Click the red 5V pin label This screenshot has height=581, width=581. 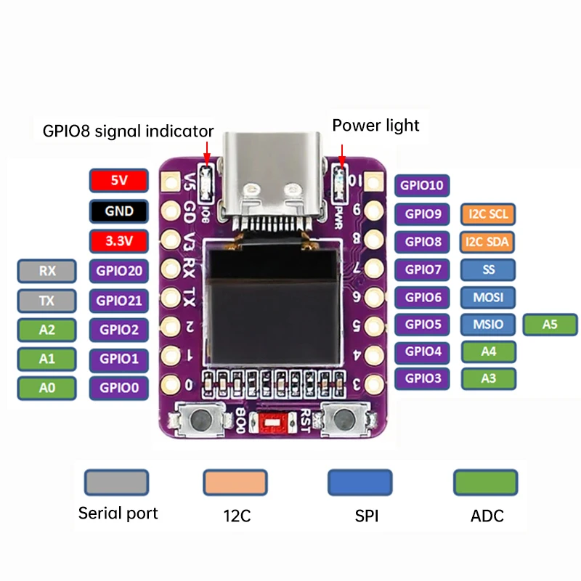[x=119, y=180]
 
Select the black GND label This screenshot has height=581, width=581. [x=119, y=211]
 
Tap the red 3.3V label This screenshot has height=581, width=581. [x=119, y=240]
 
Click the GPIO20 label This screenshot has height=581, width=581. [x=119, y=272]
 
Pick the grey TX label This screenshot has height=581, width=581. [x=47, y=300]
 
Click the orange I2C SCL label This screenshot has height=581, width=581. [x=488, y=214]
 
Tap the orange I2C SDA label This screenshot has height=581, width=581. [x=488, y=242]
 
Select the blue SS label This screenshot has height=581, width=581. [x=488, y=269]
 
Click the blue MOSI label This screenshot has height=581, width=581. [x=488, y=297]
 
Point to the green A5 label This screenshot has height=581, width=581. [x=550, y=325]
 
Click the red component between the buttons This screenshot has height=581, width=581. [x=272, y=421]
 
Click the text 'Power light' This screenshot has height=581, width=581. [x=375, y=126]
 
